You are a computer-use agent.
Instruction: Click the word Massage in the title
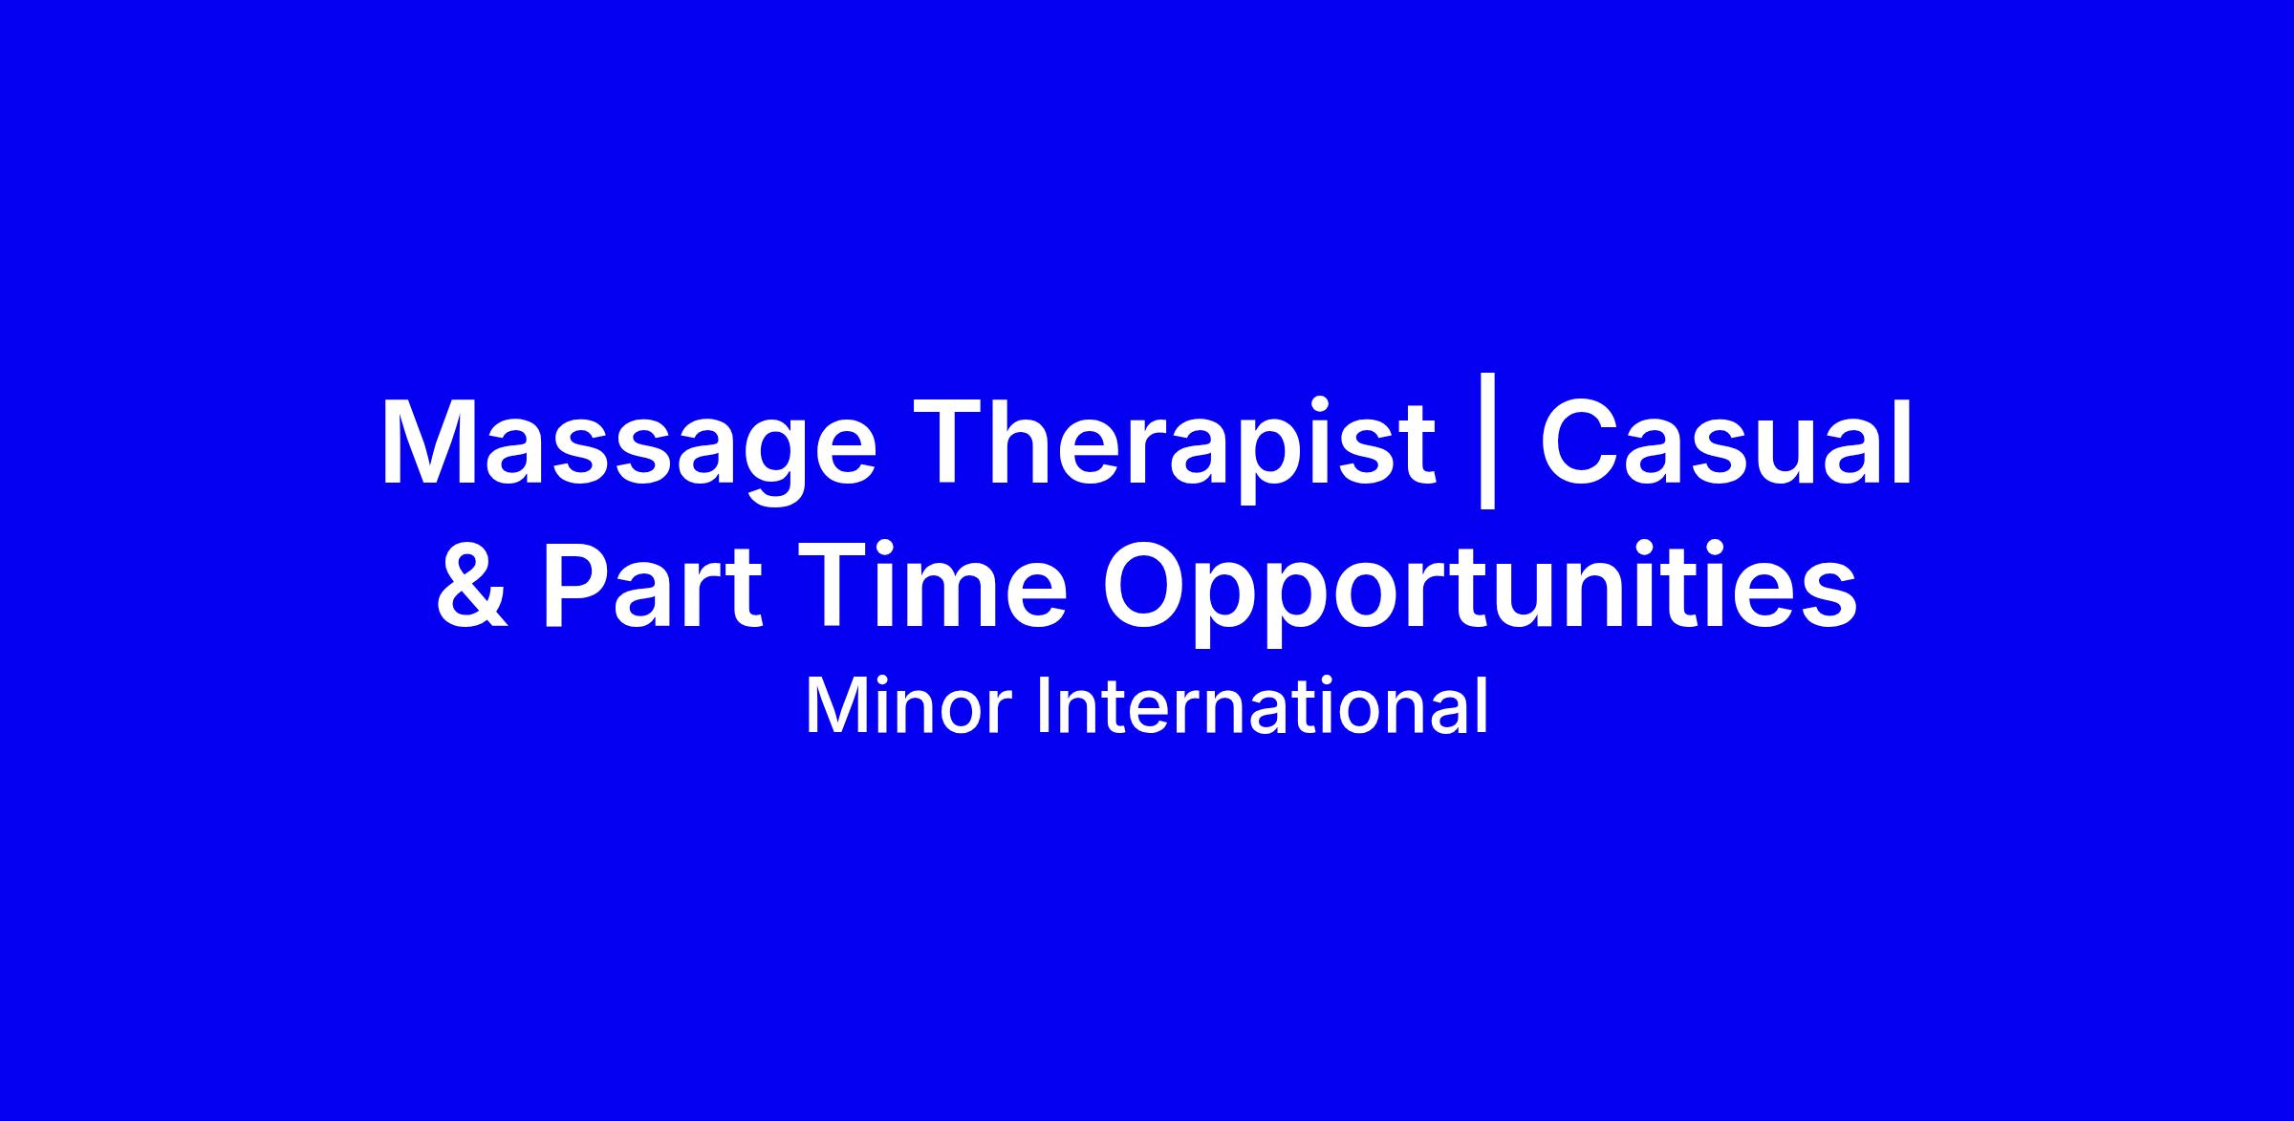click(628, 448)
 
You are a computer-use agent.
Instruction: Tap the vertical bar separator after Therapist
click(1486, 450)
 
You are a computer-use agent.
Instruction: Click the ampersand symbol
click(471, 585)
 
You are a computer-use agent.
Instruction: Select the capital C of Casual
click(1581, 442)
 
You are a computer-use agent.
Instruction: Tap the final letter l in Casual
click(1905, 440)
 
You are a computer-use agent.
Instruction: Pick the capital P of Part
click(579, 584)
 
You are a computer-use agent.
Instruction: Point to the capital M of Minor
click(835, 708)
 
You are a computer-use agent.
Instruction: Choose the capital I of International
click(1046, 708)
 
